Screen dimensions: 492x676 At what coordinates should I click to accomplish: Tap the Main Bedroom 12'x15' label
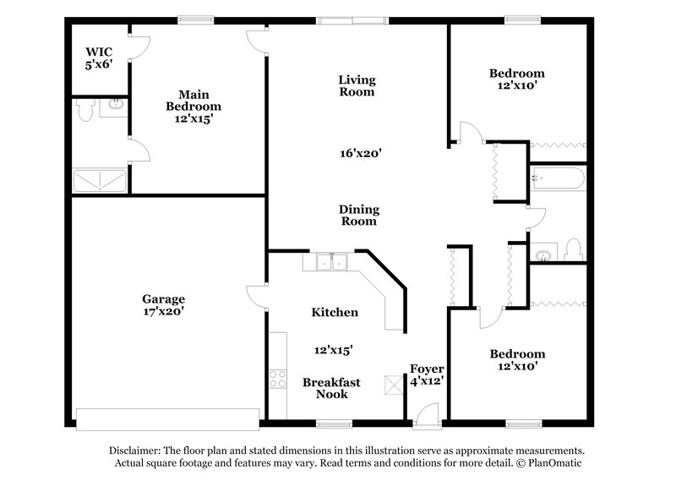[194, 107]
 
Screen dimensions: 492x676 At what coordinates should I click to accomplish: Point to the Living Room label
[357, 85]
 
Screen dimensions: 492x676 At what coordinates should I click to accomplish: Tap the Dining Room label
[359, 216]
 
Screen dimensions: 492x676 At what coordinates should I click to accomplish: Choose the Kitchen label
[335, 312]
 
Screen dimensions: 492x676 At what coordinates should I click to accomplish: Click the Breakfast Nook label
[331, 388]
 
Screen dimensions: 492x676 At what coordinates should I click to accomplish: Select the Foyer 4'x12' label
[428, 375]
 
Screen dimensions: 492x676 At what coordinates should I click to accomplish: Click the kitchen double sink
[332, 262]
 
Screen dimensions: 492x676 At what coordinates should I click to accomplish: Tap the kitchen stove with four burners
[278, 382]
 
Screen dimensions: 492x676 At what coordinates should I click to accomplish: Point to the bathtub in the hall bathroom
[558, 180]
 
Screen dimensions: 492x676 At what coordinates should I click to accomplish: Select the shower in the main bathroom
[99, 180]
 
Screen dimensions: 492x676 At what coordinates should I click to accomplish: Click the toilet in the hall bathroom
[574, 250]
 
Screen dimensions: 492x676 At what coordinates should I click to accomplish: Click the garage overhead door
[167, 418]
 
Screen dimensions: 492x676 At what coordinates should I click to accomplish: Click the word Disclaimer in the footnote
[135, 451]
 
